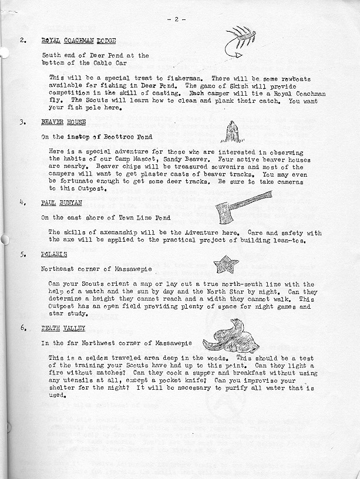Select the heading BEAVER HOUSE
click(63, 122)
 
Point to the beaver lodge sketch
click(233, 132)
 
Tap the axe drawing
click(238, 206)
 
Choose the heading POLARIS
click(54, 254)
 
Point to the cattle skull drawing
click(232, 336)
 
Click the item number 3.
click(22, 122)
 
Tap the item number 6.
click(22, 328)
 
